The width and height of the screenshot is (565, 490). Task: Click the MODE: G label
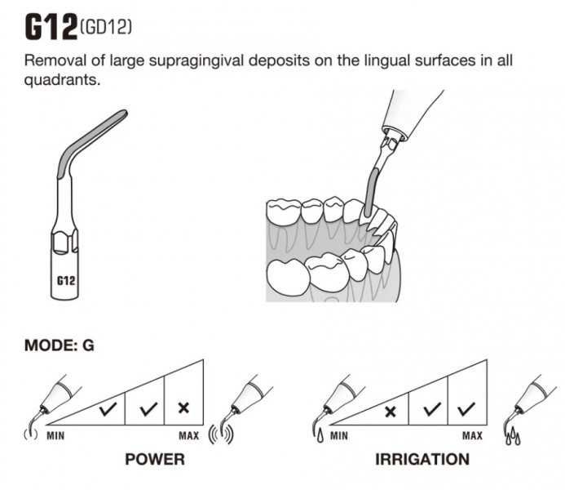(x=60, y=345)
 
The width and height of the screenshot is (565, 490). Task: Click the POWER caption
(x=154, y=459)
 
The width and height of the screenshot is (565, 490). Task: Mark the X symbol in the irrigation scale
(x=390, y=410)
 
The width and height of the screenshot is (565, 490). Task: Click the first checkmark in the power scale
(x=106, y=410)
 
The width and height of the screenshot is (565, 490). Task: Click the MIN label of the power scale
(x=55, y=435)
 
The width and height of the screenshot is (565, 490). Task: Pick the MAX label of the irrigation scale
(x=472, y=435)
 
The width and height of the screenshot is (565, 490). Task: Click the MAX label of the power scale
(x=188, y=435)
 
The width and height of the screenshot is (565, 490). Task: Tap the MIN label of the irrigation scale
(x=339, y=435)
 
